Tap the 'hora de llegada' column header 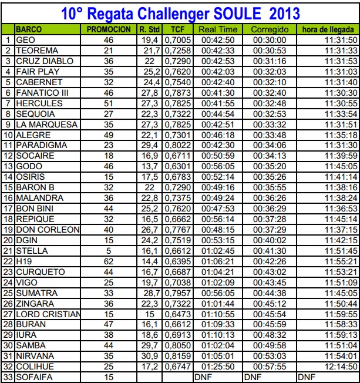[x=327, y=29]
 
